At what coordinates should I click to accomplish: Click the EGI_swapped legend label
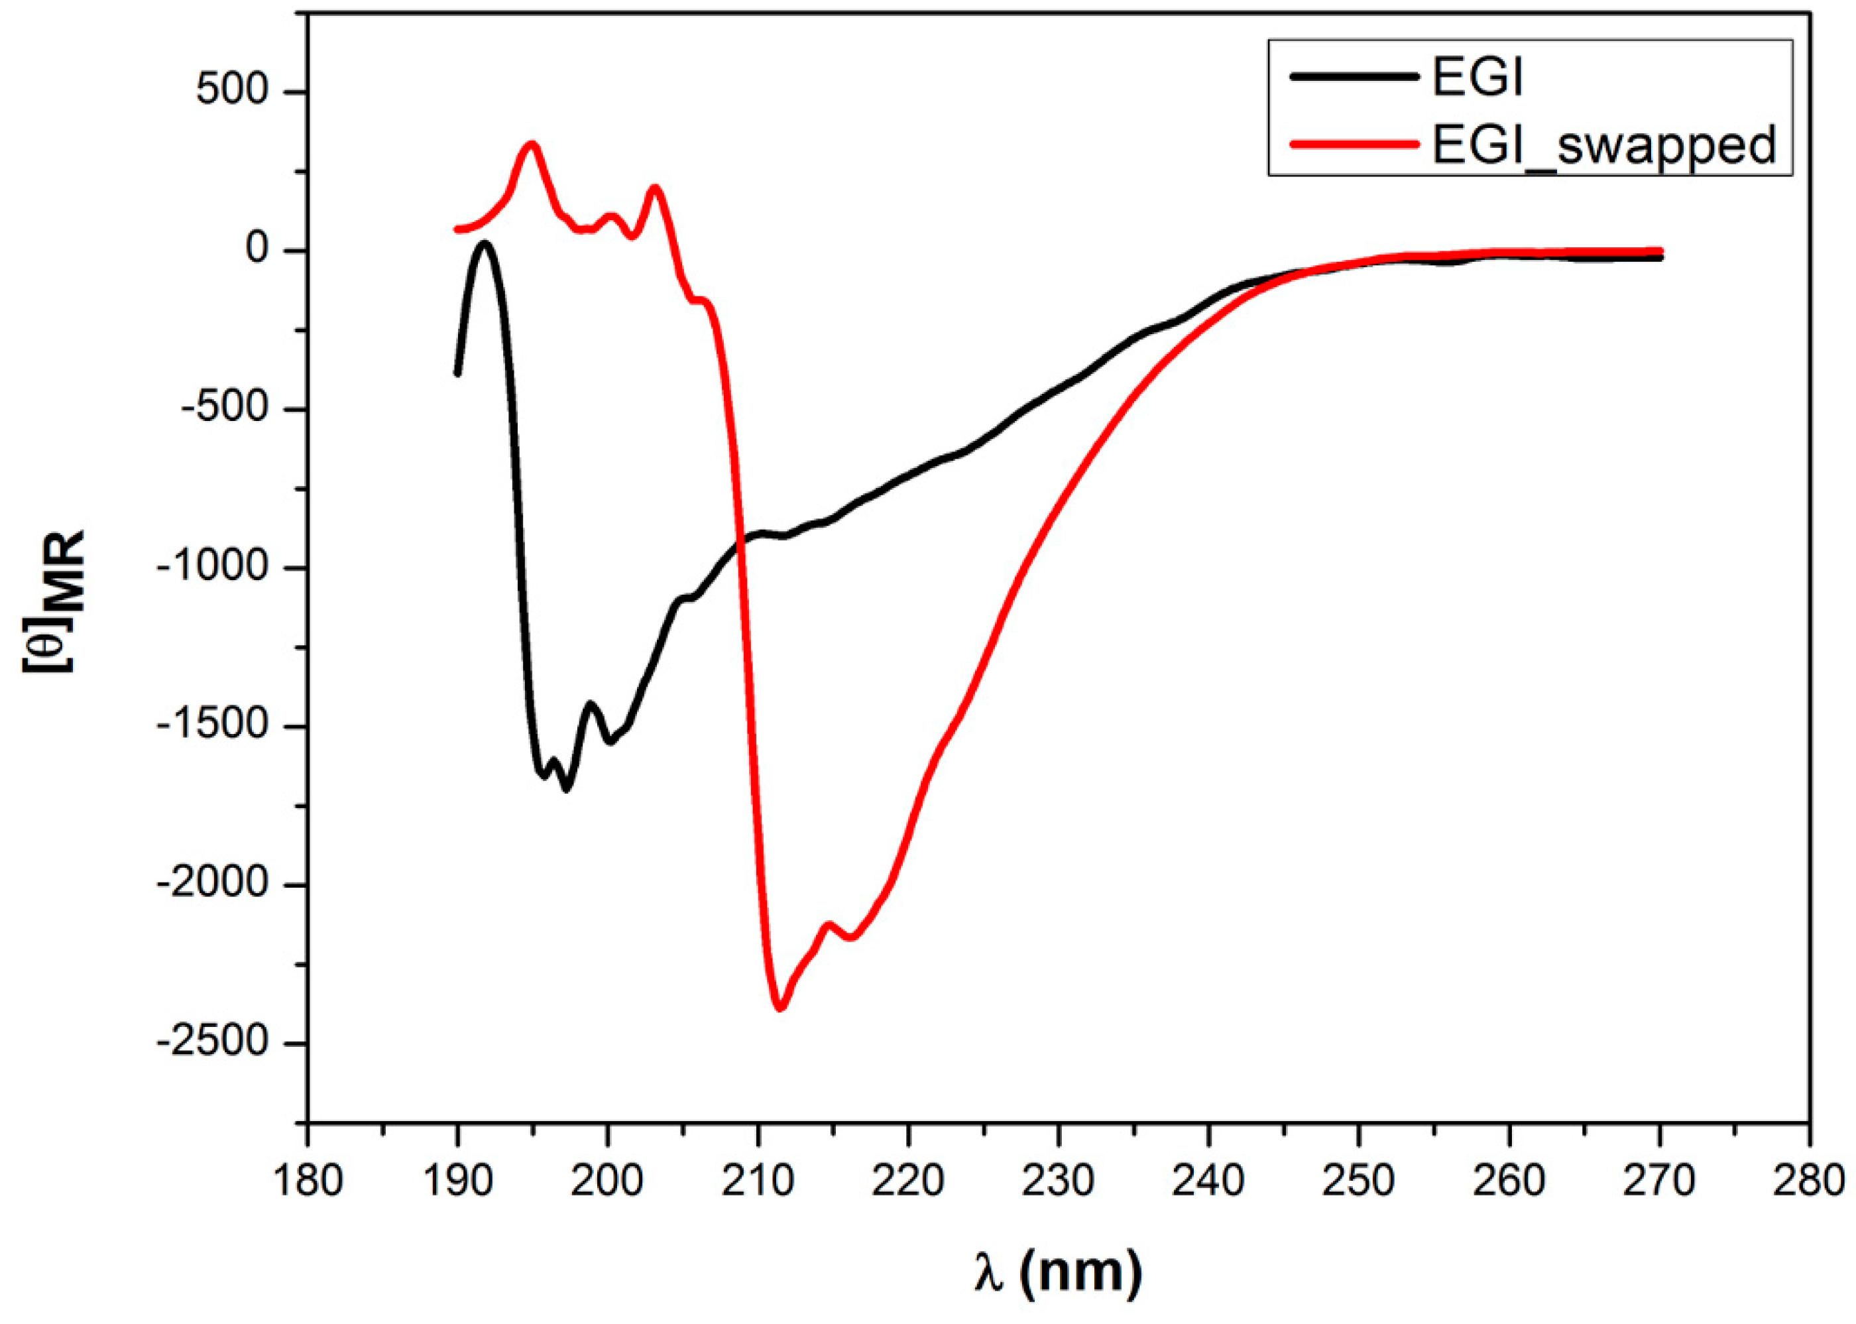pyautogui.click(x=1604, y=146)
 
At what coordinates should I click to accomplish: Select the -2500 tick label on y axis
pyautogui.click(x=213, y=1043)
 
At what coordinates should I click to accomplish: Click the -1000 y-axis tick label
pyautogui.click(x=213, y=568)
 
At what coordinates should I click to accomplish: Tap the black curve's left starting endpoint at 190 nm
pyautogui.click(x=457, y=373)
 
